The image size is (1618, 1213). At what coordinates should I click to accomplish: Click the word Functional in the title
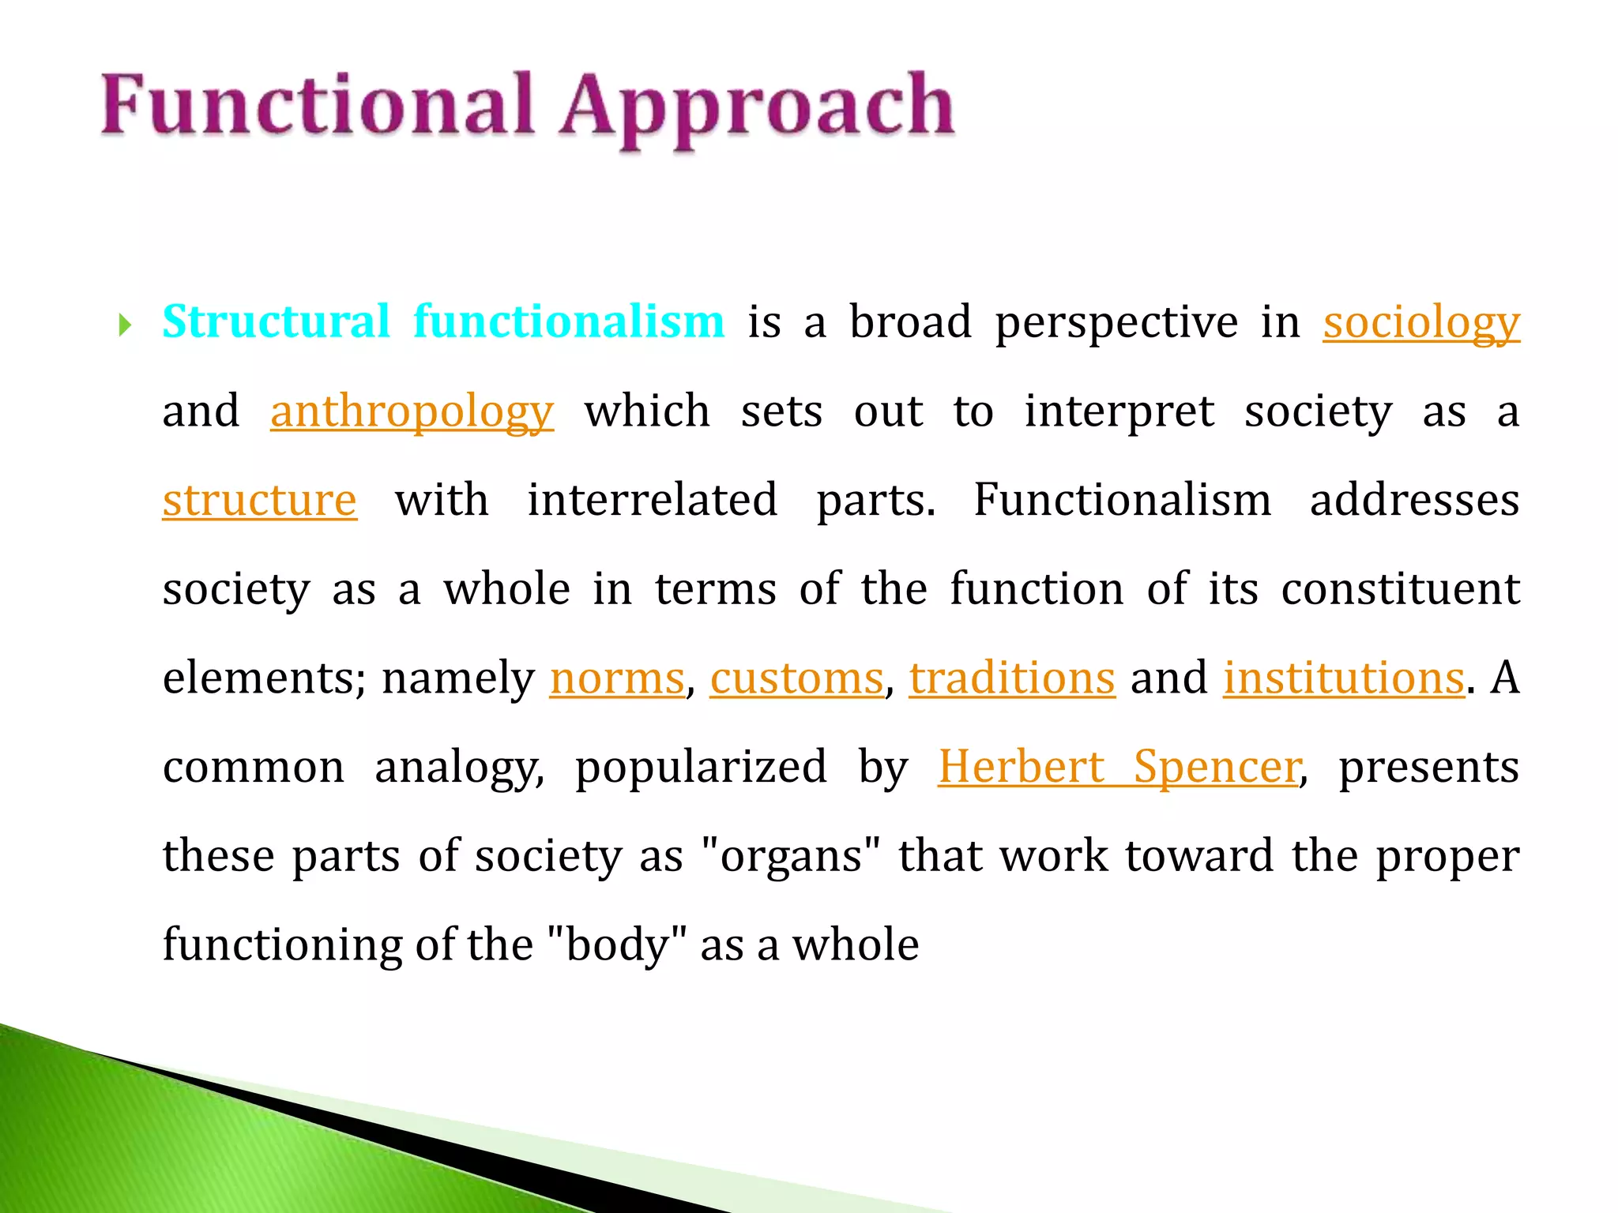tap(316, 105)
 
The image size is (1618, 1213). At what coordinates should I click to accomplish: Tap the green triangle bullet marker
tap(124, 325)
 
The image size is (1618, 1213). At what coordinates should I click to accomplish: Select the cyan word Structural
tap(276, 321)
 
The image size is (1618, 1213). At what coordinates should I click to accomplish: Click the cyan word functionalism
tap(568, 321)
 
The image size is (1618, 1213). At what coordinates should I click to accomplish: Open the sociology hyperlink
tap(1420, 323)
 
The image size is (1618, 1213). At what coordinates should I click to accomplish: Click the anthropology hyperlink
tap(411, 411)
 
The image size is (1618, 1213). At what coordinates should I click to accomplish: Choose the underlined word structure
tap(259, 500)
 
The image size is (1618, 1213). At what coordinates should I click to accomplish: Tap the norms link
tap(616, 678)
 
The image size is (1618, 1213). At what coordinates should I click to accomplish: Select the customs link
tap(796, 678)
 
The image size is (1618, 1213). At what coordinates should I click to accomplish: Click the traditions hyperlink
tap(1011, 678)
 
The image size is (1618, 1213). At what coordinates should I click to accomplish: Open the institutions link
tap(1343, 678)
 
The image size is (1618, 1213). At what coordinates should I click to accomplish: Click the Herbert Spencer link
tap(1118, 767)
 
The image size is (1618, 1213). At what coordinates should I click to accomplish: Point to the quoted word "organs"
tap(791, 856)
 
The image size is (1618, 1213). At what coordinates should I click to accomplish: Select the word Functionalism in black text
tap(1122, 500)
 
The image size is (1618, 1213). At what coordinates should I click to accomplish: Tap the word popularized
tap(701, 767)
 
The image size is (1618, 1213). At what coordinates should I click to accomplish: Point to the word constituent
tap(1400, 589)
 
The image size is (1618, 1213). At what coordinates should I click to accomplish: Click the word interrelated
tap(652, 500)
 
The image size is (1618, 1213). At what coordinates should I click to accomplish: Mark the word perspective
tap(1116, 323)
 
